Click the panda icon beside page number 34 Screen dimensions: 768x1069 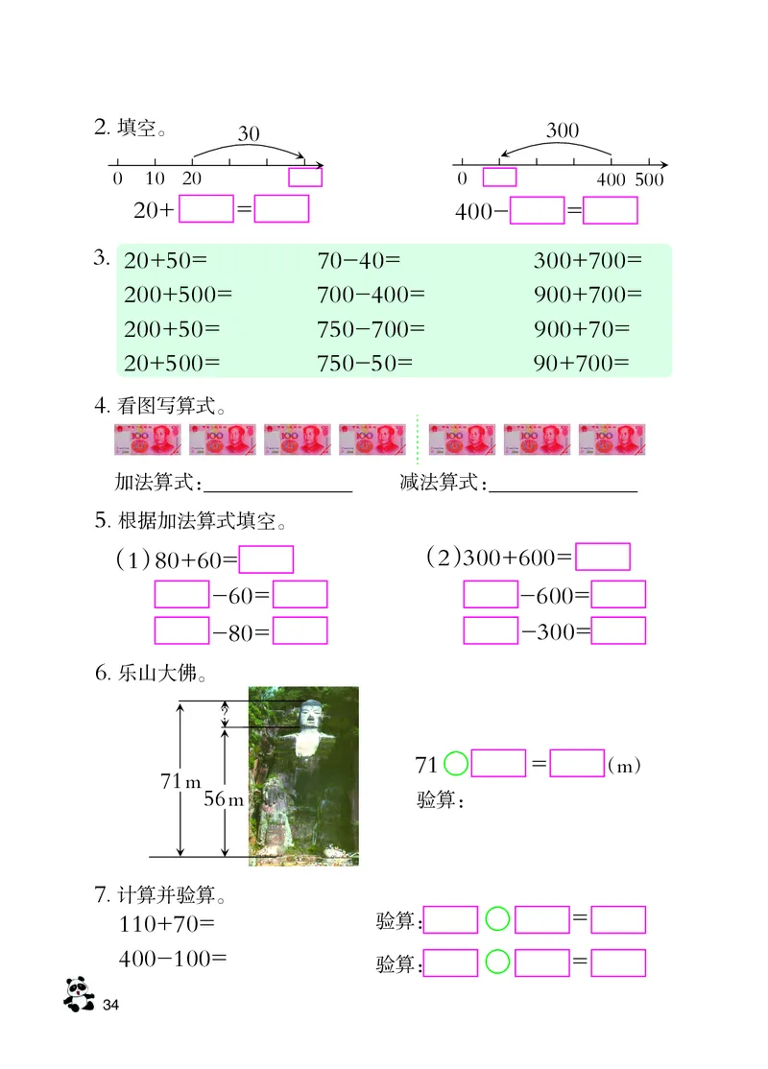[79, 993]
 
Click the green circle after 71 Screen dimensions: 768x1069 [457, 764]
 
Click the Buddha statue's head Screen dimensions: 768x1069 [309, 715]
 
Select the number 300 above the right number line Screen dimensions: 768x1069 [563, 131]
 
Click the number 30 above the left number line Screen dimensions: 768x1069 [249, 134]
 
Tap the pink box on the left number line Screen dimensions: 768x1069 [305, 178]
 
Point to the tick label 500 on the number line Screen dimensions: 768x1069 [650, 179]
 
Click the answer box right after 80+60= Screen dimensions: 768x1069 [266, 560]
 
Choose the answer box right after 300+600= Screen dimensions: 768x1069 [603, 558]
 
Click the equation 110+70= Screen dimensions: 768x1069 [166, 925]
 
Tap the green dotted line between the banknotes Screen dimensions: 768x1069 [418, 439]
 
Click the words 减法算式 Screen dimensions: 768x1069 [440, 483]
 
